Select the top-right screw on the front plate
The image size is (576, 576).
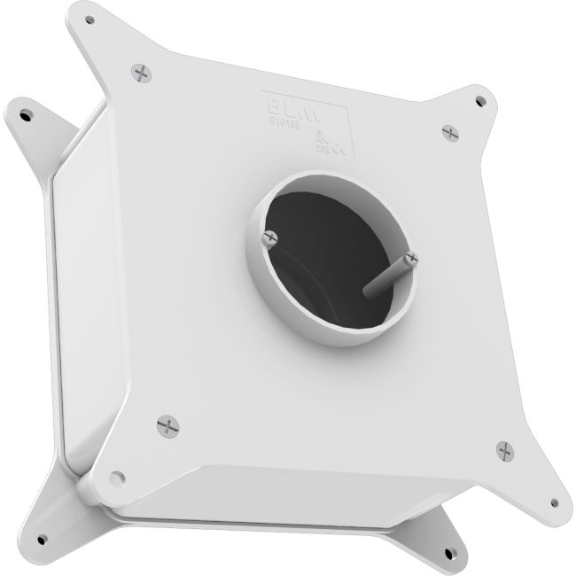coord(450,132)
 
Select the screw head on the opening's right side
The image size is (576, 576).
coord(409,259)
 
